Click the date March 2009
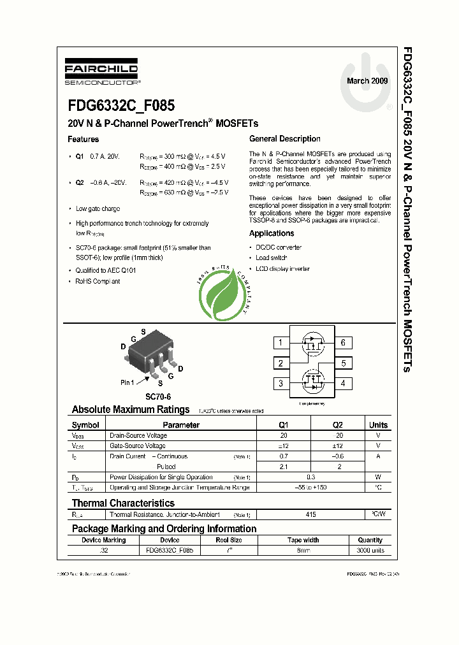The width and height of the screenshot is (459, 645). point(367,81)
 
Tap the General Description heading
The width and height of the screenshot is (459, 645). point(284,139)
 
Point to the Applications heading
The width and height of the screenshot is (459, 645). point(272,233)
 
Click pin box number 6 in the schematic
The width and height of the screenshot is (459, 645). point(343,343)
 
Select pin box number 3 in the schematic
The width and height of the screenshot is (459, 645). point(280,384)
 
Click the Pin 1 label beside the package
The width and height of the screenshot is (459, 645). point(127,382)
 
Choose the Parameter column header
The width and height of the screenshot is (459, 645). point(181,425)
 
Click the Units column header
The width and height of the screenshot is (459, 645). point(378,425)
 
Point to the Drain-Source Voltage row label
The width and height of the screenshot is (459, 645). point(138,435)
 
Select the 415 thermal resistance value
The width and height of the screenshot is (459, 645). point(310,514)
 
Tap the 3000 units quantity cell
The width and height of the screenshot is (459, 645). point(370,549)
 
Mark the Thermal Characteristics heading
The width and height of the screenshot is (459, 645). point(123,503)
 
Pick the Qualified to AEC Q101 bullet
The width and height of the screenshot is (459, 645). point(106,270)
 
